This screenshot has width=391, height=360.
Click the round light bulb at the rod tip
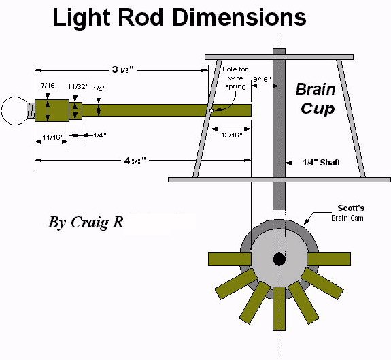pyautogui.click(x=14, y=111)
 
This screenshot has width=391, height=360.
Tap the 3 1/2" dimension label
pyautogui.click(x=122, y=69)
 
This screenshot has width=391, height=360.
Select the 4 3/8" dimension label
pyautogui.click(x=135, y=161)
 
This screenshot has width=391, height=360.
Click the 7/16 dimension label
pyautogui.click(x=48, y=86)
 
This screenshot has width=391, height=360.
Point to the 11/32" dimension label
pyautogui.click(x=78, y=87)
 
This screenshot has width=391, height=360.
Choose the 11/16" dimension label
pyautogui.click(x=53, y=137)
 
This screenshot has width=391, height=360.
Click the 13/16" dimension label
pyautogui.click(x=232, y=135)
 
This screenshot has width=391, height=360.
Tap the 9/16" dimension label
pyautogui.click(x=262, y=80)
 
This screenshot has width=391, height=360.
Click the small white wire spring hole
pyautogui.click(x=211, y=110)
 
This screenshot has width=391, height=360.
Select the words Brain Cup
pyautogui.click(x=316, y=99)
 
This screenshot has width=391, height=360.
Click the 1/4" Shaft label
pyautogui.click(x=321, y=163)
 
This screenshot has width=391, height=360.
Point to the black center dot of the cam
pyautogui.click(x=279, y=259)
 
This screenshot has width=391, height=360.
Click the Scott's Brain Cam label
pyautogui.click(x=347, y=213)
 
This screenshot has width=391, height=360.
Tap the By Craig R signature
pyautogui.click(x=86, y=222)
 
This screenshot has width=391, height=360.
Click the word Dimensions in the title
pyautogui.click(x=239, y=18)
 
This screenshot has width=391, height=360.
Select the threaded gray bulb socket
pyautogui.click(x=31, y=111)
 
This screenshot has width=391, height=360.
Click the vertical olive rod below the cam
pyautogui.click(x=279, y=308)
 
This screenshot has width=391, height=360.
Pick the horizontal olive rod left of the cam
pyautogui.click(x=230, y=259)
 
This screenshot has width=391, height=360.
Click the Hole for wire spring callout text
pyautogui.click(x=235, y=78)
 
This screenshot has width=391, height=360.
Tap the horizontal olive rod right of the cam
pyautogui.click(x=328, y=259)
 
